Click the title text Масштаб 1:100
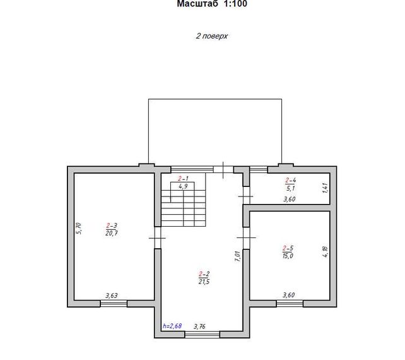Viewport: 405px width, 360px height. click(x=212, y=4)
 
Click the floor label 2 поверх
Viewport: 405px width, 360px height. click(x=211, y=36)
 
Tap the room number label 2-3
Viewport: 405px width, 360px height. click(x=112, y=225)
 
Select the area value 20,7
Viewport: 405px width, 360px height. click(x=112, y=233)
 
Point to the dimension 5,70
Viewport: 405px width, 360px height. click(x=79, y=229)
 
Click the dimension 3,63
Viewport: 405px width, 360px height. click(x=112, y=296)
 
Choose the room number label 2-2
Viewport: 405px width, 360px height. click(x=204, y=273)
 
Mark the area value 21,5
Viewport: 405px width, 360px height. click(x=204, y=282)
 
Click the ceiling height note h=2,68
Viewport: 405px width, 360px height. click(x=172, y=326)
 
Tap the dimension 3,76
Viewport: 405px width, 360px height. click(x=199, y=327)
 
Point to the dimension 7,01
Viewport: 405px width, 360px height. click(x=238, y=256)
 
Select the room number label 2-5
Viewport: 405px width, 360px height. click(x=288, y=248)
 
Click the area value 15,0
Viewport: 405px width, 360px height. click(x=288, y=256)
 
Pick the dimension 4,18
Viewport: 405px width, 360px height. click(x=325, y=251)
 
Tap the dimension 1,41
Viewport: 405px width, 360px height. click(x=325, y=188)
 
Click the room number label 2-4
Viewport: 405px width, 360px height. click(x=291, y=180)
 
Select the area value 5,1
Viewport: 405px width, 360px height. click(x=291, y=188)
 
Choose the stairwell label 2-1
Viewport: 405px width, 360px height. click(x=183, y=178)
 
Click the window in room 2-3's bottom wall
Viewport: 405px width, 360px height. click(x=114, y=303)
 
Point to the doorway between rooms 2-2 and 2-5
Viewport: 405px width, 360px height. click(x=247, y=237)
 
